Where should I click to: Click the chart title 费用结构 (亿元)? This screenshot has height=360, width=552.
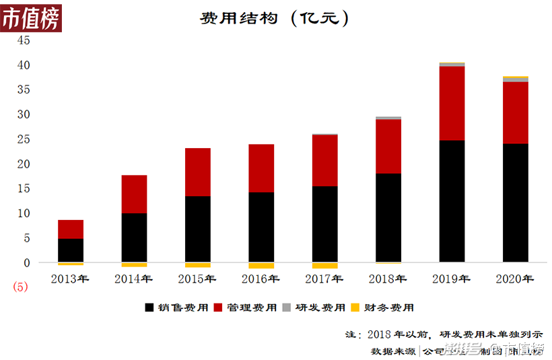pos(275,18)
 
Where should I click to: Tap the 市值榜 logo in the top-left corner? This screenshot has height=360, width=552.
pos(30,19)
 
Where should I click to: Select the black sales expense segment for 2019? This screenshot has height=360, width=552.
pos(452,201)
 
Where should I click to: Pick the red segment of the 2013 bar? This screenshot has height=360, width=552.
pos(71,229)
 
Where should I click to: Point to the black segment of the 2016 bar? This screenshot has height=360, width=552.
pos(261,227)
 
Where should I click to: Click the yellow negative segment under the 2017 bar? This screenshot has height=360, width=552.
pos(324,266)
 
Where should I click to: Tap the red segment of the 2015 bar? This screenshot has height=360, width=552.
pos(198,172)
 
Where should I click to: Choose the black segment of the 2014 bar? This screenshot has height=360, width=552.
pos(134,238)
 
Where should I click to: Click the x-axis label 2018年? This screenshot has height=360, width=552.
pos(388,279)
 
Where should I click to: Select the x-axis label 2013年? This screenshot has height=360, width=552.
pos(71,279)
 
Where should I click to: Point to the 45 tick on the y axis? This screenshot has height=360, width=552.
pos(24,40)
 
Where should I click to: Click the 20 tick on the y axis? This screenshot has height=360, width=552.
pos(24,164)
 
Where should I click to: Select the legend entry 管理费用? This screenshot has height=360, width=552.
pos(246,308)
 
